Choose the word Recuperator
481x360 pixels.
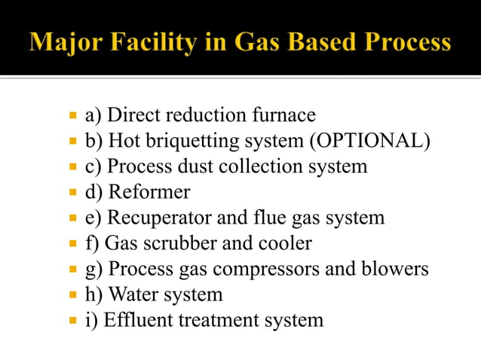[x=163, y=218]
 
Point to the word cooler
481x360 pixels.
[x=283, y=243]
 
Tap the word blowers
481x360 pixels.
[x=397, y=269]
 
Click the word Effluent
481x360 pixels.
[x=136, y=320]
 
